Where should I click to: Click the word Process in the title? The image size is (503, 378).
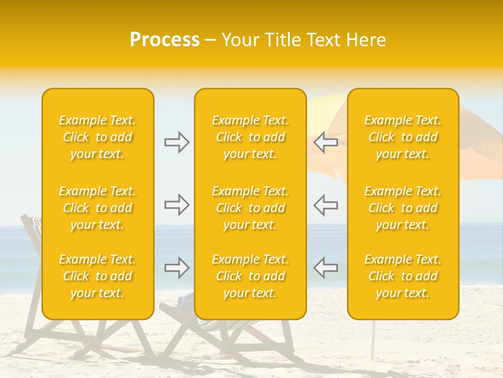click(165, 40)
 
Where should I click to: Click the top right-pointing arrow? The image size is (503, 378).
click(177, 142)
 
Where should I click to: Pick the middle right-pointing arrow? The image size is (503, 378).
click(177, 205)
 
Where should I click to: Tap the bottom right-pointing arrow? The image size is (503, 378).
click(177, 268)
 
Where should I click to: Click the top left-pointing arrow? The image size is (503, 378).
click(325, 142)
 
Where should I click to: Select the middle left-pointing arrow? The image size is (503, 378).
click(325, 205)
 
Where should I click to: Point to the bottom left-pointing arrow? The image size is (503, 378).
click(325, 268)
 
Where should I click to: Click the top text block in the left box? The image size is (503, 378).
click(97, 137)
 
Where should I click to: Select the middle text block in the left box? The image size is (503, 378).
click(97, 208)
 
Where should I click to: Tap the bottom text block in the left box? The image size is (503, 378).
click(97, 276)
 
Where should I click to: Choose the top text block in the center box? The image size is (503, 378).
click(250, 137)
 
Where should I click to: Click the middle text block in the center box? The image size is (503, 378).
click(250, 208)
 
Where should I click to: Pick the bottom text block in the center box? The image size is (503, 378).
click(250, 276)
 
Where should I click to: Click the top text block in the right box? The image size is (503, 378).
click(403, 137)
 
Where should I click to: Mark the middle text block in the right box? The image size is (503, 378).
click(403, 208)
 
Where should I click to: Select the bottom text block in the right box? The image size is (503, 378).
click(403, 276)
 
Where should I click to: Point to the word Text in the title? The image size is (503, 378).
click(325, 40)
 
